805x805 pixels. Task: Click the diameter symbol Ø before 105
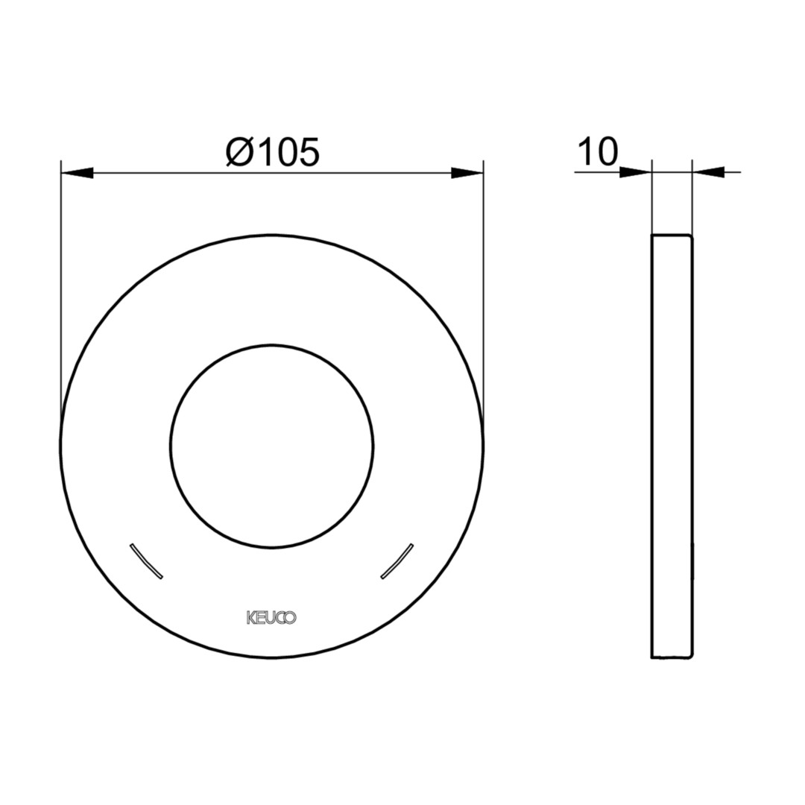(x=239, y=152)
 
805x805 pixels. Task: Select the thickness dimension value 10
(x=599, y=152)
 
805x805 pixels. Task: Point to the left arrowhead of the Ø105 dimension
(x=77, y=173)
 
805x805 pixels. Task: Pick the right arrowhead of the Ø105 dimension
(x=467, y=173)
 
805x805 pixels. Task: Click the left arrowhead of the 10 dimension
(x=636, y=172)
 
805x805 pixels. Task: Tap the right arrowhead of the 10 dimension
(x=708, y=172)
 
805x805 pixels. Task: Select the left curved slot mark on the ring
(x=146, y=561)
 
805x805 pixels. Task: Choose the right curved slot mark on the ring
(x=397, y=561)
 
